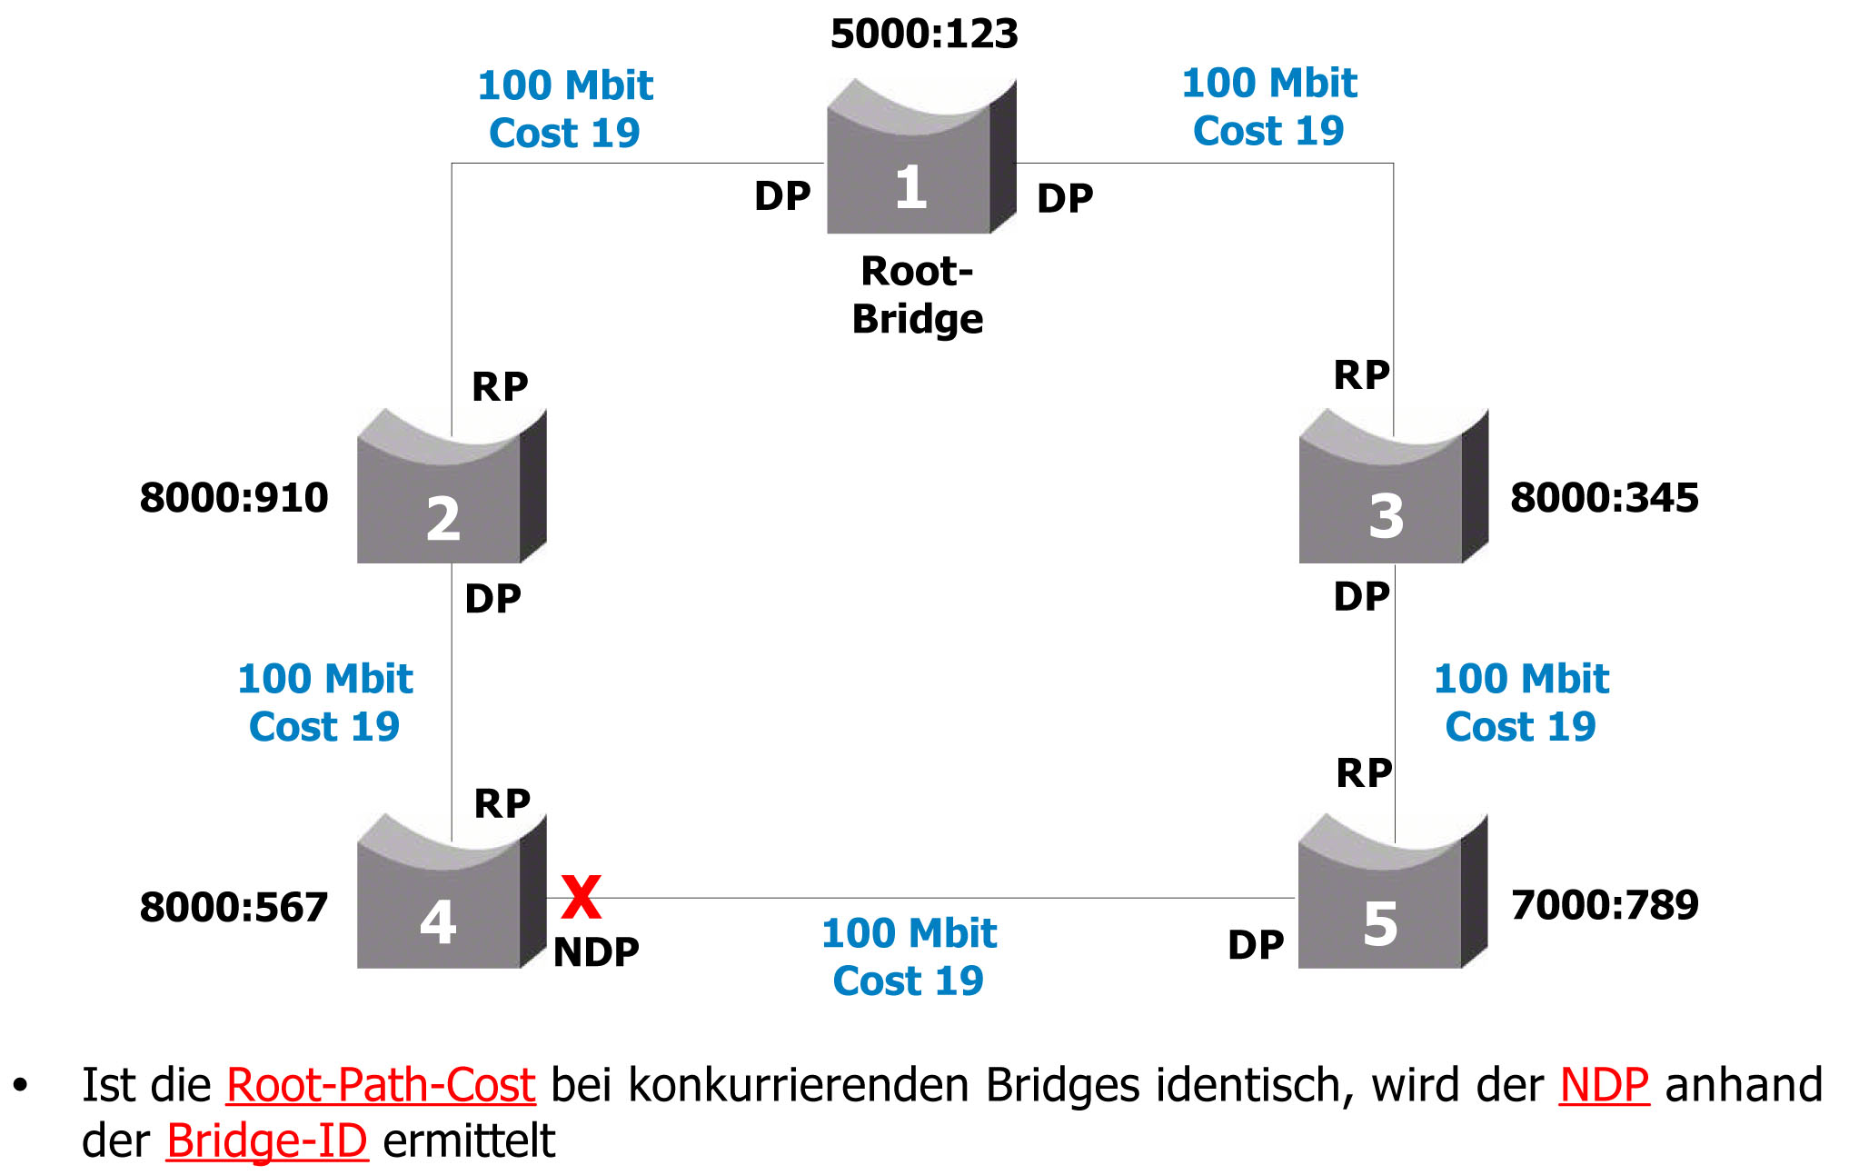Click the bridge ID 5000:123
[924, 35]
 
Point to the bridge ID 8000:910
[234, 498]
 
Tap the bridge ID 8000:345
[1604, 498]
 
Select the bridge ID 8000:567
[234, 907]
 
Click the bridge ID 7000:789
[1605, 905]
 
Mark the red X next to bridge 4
[581, 897]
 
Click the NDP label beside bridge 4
[596, 951]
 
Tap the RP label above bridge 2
[500, 387]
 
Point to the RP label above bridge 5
[1364, 773]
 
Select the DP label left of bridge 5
[1256, 945]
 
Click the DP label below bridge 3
[1361, 597]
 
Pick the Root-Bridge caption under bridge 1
[917, 295]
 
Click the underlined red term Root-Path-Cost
[381, 1085]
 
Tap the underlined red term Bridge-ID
[266, 1141]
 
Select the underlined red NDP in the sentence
[1604, 1085]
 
